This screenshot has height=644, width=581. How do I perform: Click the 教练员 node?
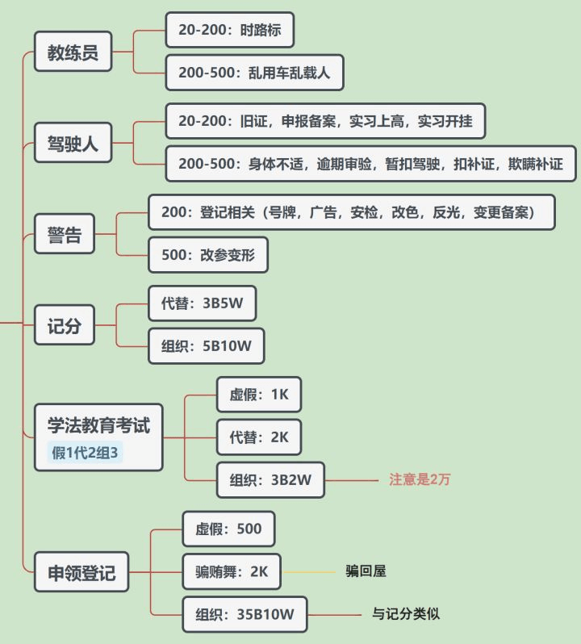(73, 52)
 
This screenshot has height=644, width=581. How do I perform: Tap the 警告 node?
(65, 237)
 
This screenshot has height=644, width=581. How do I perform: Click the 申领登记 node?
(81, 573)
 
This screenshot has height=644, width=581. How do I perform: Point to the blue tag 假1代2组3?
(86, 453)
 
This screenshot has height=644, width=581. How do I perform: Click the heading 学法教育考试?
(98, 424)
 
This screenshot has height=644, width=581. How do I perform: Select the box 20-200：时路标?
(229, 31)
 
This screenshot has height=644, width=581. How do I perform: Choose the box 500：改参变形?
(208, 255)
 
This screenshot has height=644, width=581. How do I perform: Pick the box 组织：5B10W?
(207, 346)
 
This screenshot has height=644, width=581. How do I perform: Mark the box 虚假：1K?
(259, 395)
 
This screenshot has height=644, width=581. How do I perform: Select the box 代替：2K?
(259, 437)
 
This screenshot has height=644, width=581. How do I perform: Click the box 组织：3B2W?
(270, 480)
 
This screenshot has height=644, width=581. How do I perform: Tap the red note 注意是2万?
(420, 479)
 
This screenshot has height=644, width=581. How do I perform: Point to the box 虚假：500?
(228, 529)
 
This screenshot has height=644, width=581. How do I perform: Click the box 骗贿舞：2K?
(231, 572)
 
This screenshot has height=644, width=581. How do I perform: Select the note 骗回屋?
(366, 571)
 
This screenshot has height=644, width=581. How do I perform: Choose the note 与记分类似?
(405, 614)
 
